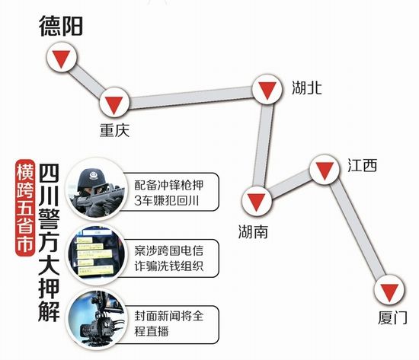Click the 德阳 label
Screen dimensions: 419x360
click(x=61, y=26)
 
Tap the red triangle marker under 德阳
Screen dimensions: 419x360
click(x=62, y=58)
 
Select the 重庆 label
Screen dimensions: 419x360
click(x=114, y=130)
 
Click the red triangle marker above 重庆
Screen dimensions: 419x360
click(x=114, y=104)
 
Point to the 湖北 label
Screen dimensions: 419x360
click(x=306, y=88)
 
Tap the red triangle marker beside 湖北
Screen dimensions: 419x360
click(x=267, y=90)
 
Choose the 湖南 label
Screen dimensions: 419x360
click(x=253, y=231)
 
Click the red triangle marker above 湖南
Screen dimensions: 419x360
click(x=256, y=202)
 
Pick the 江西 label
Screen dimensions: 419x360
click(x=363, y=165)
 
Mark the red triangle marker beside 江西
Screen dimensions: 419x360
click(x=325, y=169)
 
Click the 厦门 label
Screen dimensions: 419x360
click(x=392, y=318)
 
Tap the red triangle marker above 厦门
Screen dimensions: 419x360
click(x=389, y=292)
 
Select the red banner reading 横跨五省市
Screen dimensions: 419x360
click(x=25, y=208)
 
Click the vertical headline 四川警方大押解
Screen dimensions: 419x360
click(x=49, y=243)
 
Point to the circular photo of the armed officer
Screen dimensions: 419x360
click(x=96, y=190)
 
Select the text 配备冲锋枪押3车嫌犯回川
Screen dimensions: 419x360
click(x=169, y=193)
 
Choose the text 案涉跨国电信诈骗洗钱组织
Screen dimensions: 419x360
click(x=169, y=259)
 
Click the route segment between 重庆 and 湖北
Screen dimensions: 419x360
click(x=190, y=97)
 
